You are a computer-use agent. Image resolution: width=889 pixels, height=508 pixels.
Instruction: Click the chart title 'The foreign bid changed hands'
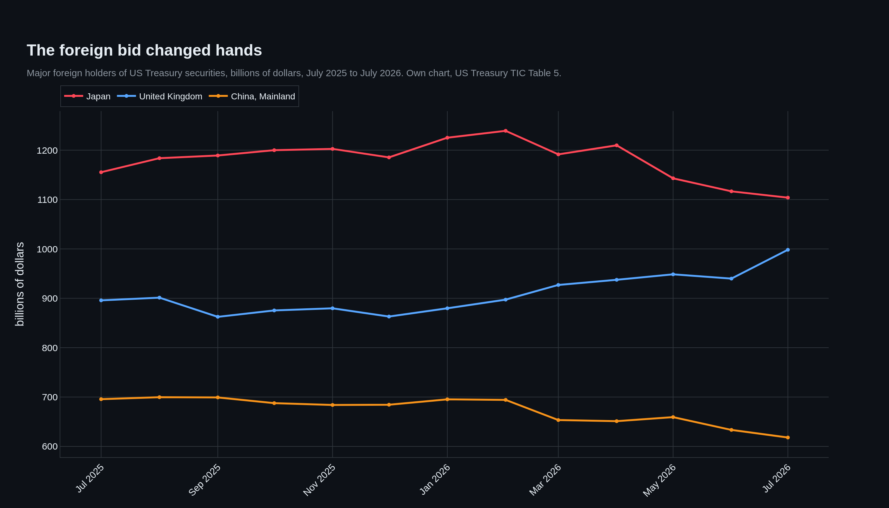click(x=144, y=50)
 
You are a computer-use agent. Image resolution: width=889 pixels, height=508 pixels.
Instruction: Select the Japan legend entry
click(x=87, y=96)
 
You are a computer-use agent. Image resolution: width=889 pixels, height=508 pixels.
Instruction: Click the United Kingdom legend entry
click(x=159, y=96)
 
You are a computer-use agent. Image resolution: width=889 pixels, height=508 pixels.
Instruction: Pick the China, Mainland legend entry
click(x=252, y=96)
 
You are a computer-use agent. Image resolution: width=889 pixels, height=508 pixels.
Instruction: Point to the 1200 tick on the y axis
click(x=47, y=150)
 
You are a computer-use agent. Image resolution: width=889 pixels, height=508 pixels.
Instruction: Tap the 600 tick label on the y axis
click(x=50, y=447)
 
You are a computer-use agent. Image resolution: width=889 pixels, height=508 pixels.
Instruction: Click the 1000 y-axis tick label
click(x=47, y=249)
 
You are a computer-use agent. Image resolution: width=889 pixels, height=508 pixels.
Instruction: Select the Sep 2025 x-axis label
click(x=205, y=480)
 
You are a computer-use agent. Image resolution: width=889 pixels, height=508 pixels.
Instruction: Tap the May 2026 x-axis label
click(x=659, y=480)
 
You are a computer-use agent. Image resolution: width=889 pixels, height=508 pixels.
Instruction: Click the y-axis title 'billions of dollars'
click(x=20, y=284)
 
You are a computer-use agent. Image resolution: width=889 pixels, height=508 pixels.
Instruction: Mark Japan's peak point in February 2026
click(x=505, y=131)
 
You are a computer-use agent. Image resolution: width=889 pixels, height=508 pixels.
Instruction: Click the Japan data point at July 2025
click(x=101, y=172)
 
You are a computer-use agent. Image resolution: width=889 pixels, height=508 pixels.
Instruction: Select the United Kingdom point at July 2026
click(x=788, y=250)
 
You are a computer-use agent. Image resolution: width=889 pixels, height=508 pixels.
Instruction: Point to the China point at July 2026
click(x=788, y=438)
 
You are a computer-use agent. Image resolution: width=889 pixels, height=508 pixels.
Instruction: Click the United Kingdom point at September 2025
click(x=218, y=317)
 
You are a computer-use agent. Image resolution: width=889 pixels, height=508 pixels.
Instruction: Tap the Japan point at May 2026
click(x=673, y=178)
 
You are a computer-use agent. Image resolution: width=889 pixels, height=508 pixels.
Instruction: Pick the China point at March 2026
click(x=558, y=420)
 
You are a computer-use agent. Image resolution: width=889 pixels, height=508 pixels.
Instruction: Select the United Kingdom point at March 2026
click(x=558, y=285)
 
